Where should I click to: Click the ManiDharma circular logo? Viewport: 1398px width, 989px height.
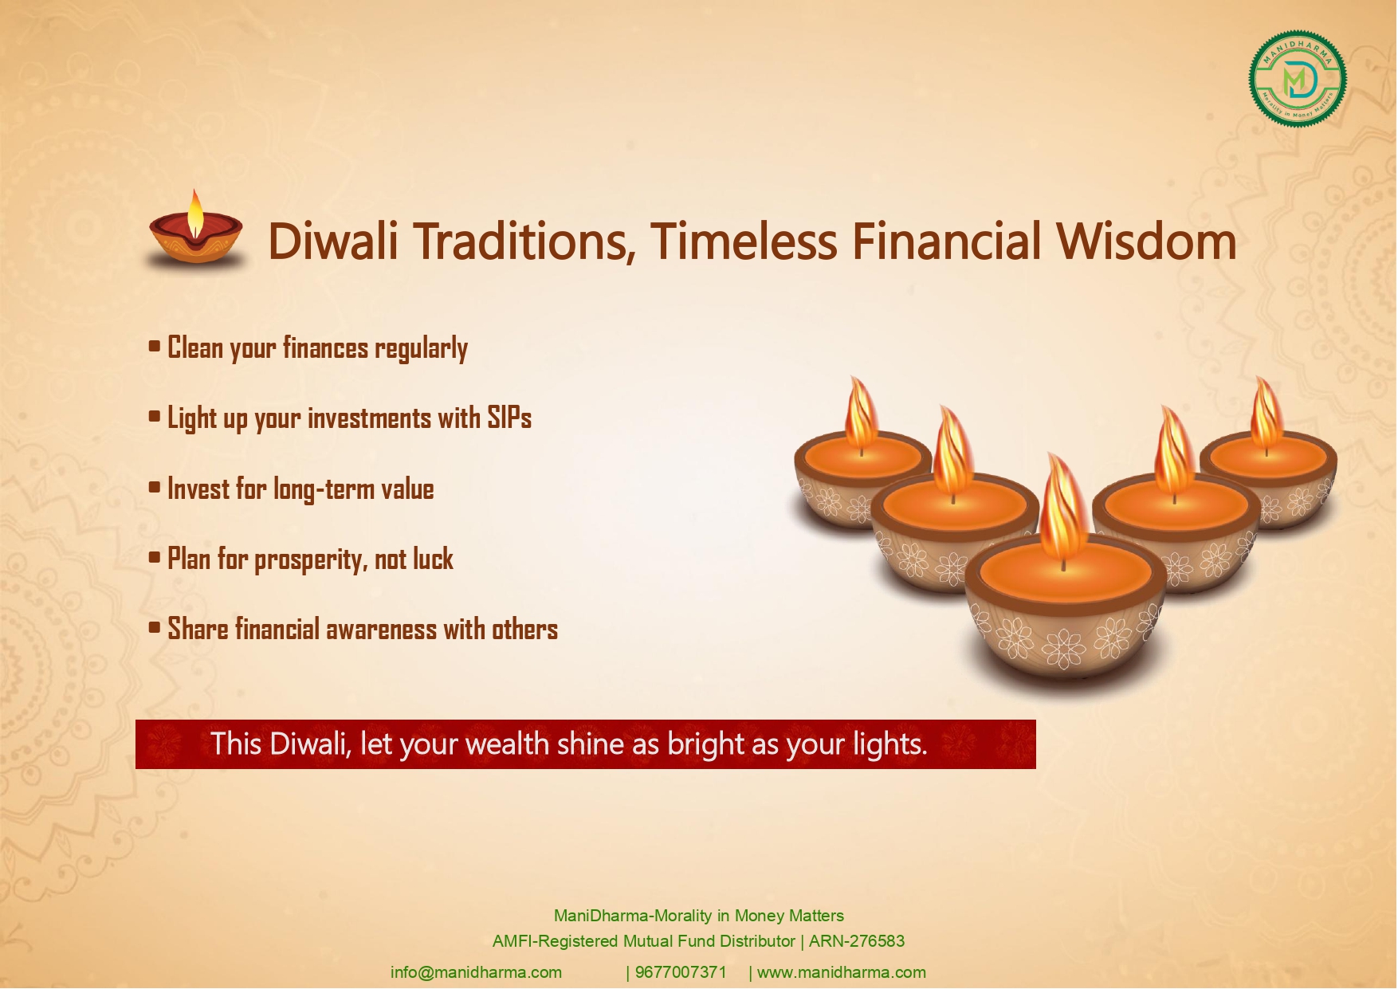point(1298,79)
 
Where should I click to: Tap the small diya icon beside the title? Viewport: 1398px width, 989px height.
point(196,230)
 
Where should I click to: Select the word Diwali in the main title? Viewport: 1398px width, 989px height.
point(333,241)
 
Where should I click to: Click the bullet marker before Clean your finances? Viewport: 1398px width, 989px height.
point(155,347)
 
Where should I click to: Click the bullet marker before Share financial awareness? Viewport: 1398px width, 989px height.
point(155,628)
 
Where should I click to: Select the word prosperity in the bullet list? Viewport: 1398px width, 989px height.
point(311,560)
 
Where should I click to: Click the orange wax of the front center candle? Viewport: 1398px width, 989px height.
point(1064,572)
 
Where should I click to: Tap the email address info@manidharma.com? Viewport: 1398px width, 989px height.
point(476,972)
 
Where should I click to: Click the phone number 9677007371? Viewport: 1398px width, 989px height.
point(681,972)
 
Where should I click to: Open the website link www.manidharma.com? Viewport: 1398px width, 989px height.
point(842,972)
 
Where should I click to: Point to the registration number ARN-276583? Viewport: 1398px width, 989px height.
point(857,941)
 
